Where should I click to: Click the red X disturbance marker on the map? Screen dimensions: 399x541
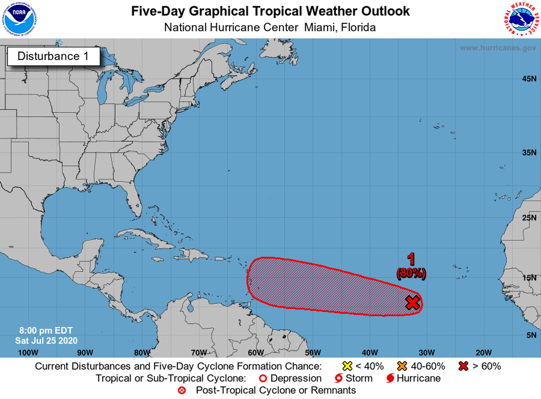pyautogui.click(x=413, y=302)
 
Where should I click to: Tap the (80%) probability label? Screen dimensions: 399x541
pyautogui.click(x=411, y=273)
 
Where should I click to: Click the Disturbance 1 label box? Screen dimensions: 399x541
pyautogui.click(x=53, y=56)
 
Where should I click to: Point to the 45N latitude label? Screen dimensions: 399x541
pyautogui.click(x=529, y=78)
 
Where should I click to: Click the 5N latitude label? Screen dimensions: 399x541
pyautogui.click(x=531, y=335)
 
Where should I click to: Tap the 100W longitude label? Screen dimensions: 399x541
pyautogui.click(x=28, y=352)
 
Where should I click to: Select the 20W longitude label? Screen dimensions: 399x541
pyautogui.click(x=483, y=352)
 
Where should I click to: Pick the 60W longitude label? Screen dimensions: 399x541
pyautogui.click(x=255, y=352)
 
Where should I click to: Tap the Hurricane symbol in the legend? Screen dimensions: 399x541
pyautogui.click(x=391, y=378)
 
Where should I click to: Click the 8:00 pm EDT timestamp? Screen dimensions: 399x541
pyautogui.click(x=46, y=330)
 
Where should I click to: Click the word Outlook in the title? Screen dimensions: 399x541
pyautogui.click(x=382, y=11)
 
